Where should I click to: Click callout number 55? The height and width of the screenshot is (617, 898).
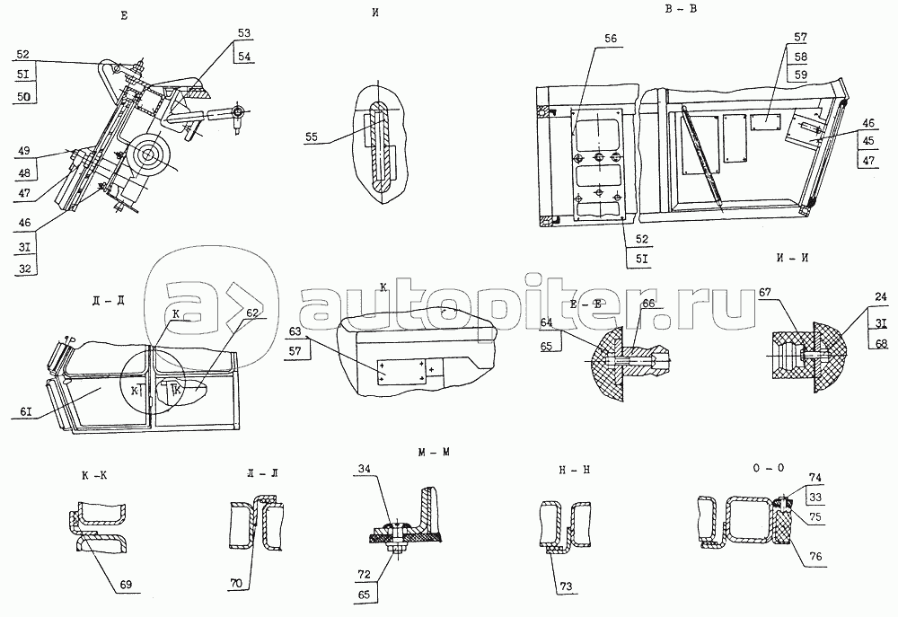pos(311,137)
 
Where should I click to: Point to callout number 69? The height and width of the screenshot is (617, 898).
pos(125,585)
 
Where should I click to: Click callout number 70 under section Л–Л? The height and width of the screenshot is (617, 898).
pos(237,584)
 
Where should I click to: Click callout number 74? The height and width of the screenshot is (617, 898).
pos(814,479)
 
